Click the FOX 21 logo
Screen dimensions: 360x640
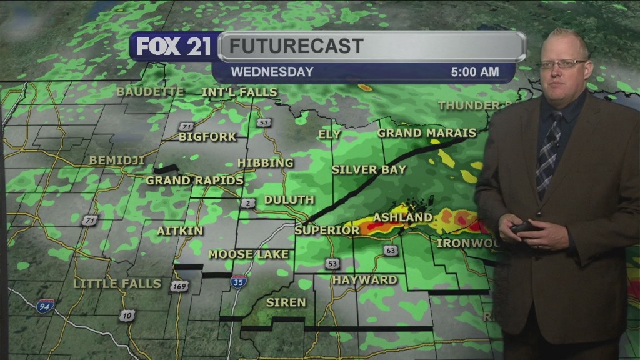173,47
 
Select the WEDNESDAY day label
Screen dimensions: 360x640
272,72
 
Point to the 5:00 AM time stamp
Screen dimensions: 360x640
475,72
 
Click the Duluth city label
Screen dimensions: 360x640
289,200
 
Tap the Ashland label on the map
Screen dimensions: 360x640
402,217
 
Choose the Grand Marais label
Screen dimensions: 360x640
427,132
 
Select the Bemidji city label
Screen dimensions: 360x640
117,161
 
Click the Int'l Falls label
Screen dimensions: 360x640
239,92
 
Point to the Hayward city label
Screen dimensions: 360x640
365,280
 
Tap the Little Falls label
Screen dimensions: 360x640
117,284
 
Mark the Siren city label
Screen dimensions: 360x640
286,302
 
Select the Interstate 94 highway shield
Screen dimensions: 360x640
44,306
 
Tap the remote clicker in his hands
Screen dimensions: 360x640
524,227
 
